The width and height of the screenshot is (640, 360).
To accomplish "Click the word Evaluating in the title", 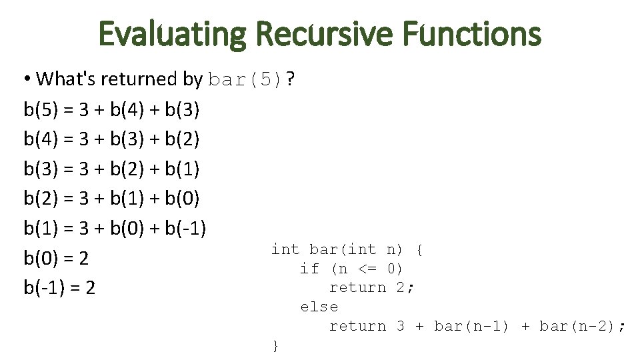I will point(171,34).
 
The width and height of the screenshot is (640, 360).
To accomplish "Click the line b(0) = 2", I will point(56,258).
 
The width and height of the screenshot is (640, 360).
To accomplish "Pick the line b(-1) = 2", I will point(59,288).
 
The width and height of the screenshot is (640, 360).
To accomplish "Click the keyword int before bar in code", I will point(285,250).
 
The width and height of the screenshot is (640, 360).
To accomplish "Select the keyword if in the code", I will point(309,269).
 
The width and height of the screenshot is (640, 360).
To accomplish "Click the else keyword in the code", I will point(319,307).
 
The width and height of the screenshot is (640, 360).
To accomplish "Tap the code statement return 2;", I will point(372,288).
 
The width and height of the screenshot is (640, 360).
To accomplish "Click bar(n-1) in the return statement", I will point(471,327).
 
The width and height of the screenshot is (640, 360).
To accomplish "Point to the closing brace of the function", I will point(275,345).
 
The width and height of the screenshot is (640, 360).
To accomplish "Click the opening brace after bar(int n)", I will point(419,250).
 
